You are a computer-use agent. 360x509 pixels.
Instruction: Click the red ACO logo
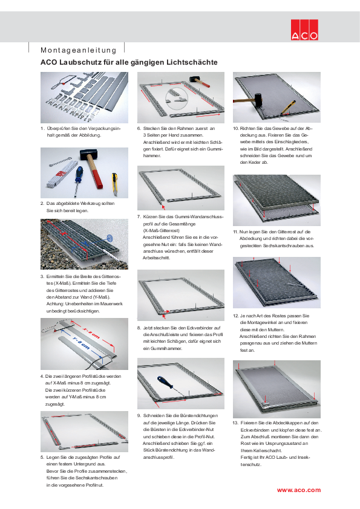[x=304, y=29]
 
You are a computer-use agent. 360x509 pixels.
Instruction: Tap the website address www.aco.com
[x=299, y=489]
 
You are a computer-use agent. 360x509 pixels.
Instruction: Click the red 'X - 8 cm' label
[x=90, y=332]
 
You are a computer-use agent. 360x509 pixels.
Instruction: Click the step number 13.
[x=235, y=423]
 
